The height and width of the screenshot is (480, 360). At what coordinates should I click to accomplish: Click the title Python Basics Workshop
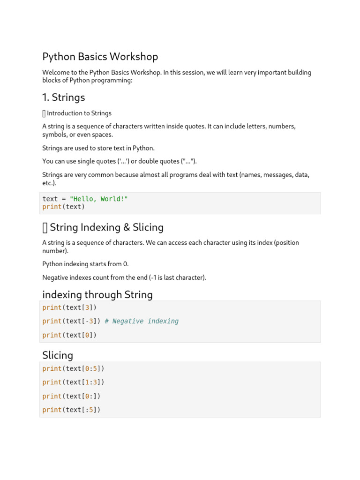click(x=100, y=57)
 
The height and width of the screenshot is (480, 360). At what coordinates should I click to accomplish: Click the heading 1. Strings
click(x=64, y=97)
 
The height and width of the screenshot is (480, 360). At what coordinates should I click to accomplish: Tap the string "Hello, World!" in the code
click(x=98, y=199)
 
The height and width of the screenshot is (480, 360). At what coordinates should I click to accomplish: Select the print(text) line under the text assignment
click(x=64, y=207)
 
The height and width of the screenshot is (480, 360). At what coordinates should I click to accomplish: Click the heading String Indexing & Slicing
click(x=106, y=227)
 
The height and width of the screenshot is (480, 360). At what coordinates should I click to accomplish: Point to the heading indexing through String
click(x=97, y=295)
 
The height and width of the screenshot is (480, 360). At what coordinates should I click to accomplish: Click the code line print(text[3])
click(x=69, y=307)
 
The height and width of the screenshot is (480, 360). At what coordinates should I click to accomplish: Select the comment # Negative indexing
click(x=142, y=321)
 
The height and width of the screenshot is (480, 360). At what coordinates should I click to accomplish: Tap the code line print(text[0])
click(x=69, y=335)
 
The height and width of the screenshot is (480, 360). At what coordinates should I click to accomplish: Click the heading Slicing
click(x=58, y=355)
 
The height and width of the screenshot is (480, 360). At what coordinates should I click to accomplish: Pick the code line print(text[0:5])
click(x=73, y=368)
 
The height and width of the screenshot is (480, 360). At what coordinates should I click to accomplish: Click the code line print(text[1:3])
click(x=73, y=382)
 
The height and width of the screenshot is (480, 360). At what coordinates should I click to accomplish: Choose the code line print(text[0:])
click(x=71, y=396)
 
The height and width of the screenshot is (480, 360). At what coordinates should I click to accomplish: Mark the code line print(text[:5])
click(x=71, y=410)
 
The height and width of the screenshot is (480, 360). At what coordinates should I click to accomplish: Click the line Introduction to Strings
click(x=79, y=113)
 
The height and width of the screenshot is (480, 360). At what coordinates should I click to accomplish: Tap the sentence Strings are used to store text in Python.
click(x=98, y=148)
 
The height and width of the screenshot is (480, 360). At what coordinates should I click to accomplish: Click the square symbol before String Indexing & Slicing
click(x=45, y=228)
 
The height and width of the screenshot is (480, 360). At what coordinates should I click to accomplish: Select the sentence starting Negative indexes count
click(x=124, y=277)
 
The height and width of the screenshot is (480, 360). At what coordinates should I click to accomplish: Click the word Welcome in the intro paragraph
click(x=55, y=73)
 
